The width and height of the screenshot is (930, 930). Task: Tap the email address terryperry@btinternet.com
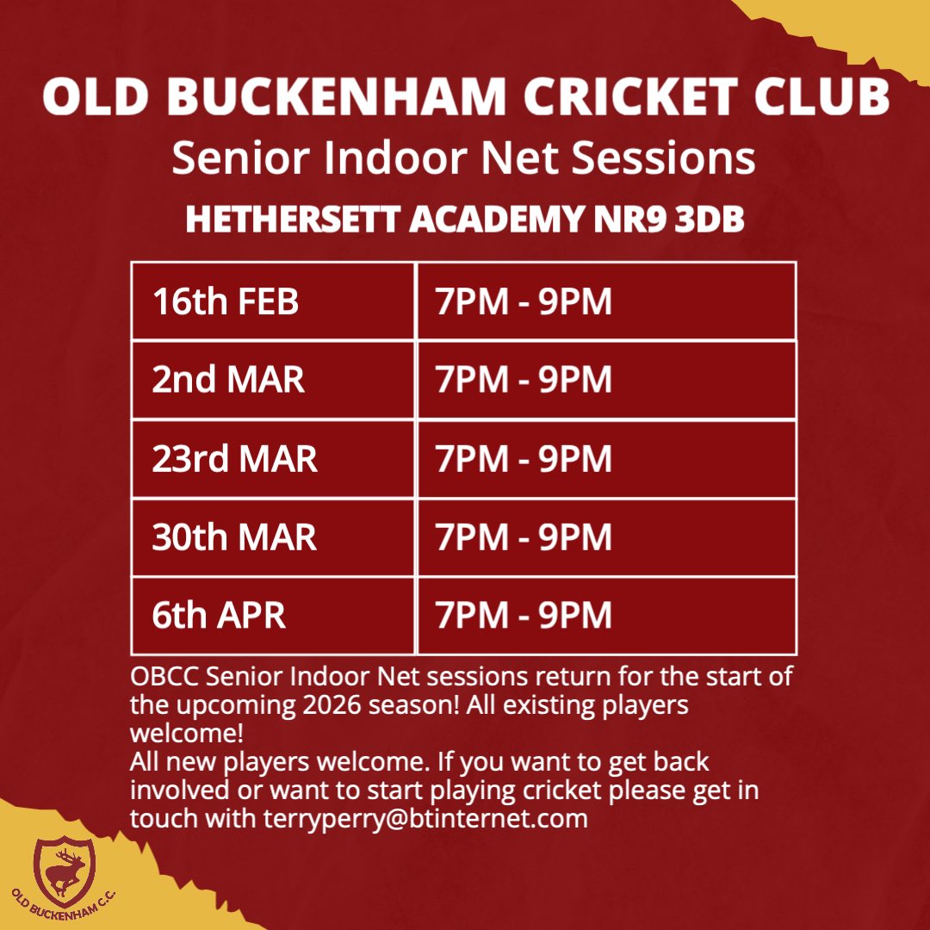pyautogui.click(x=425, y=817)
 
